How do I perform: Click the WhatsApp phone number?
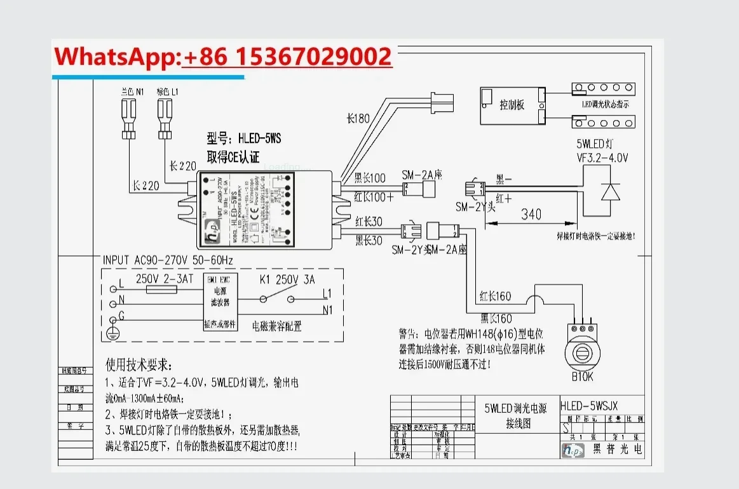click(287, 57)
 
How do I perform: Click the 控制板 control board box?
click(512, 105)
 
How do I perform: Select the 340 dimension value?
click(531, 214)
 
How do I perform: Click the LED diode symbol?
click(611, 192)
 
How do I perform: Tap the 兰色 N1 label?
click(132, 92)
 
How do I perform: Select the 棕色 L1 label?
click(168, 92)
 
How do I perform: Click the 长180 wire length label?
click(358, 118)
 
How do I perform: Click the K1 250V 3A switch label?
click(287, 279)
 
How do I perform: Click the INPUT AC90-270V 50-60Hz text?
click(168, 260)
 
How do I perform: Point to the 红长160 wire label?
click(495, 297)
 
